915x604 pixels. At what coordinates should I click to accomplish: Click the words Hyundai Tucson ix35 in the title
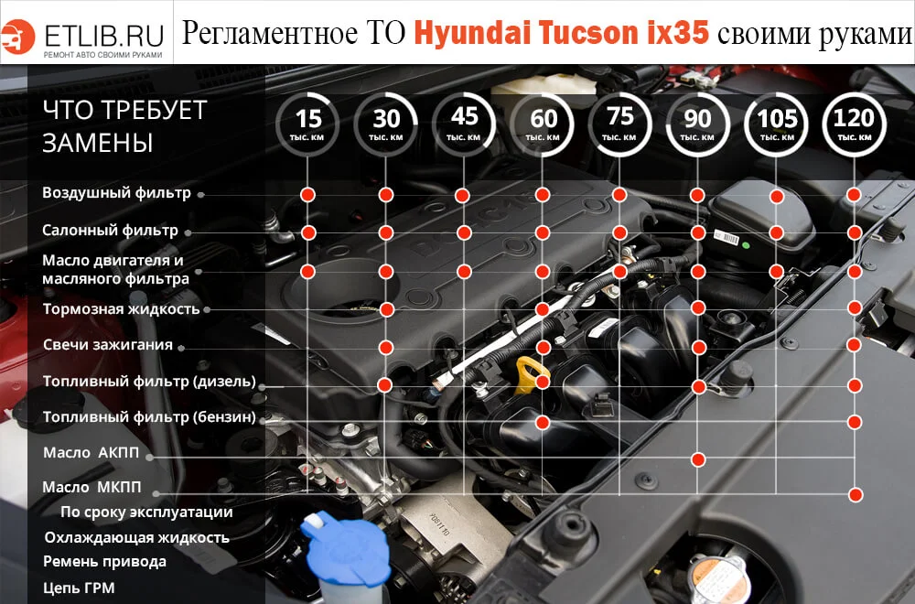click(561, 33)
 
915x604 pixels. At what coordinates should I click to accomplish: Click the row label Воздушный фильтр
click(116, 193)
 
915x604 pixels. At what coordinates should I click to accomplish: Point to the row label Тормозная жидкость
click(121, 309)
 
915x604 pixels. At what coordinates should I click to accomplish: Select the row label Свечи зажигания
click(107, 345)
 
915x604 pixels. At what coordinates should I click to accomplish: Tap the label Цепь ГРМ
click(79, 588)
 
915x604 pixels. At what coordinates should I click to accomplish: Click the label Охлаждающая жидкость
click(136, 537)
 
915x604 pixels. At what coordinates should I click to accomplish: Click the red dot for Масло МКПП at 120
click(855, 494)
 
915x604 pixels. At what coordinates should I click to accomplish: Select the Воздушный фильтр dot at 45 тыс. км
click(463, 195)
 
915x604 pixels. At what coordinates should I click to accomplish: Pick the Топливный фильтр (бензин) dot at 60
click(543, 422)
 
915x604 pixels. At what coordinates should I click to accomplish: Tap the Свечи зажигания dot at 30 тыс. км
click(386, 347)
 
